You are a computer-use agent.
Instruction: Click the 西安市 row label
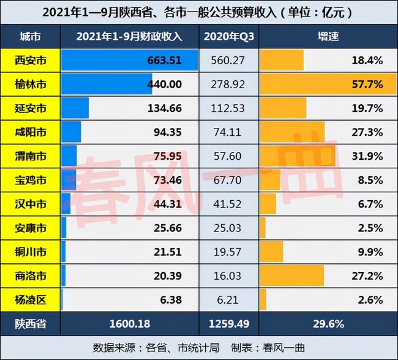pyautogui.click(x=30, y=60)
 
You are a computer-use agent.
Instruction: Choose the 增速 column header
pyautogui.click(x=329, y=36)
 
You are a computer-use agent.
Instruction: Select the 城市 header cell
pyautogui.click(x=30, y=36)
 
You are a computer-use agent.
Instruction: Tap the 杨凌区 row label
pyautogui.click(x=30, y=300)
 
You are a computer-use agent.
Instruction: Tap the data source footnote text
pyautogui.click(x=198, y=347)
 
